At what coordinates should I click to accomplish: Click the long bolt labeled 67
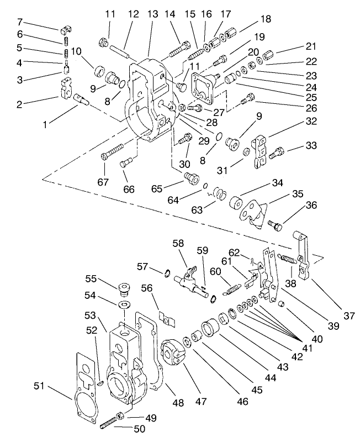(x=119, y=151)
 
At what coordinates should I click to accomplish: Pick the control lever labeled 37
(x=301, y=251)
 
